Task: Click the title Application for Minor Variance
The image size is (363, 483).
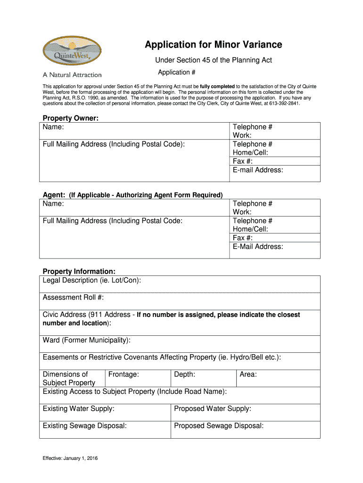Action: [213, 45]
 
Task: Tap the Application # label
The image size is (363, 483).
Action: [176, 72]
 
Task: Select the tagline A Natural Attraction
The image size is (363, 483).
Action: [72, 75]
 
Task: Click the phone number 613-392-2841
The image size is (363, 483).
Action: [284, 103]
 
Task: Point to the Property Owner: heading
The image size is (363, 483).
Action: [71, 118]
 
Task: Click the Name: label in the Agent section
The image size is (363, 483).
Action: [53, 204]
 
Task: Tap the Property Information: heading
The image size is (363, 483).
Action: [79, 272]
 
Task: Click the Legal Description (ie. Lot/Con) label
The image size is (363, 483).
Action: [92, 281]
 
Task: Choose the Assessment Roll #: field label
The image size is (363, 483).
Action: [73, 298]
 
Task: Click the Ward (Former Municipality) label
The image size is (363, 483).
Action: [87, 340]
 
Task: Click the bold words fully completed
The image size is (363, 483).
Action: [217, 86]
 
